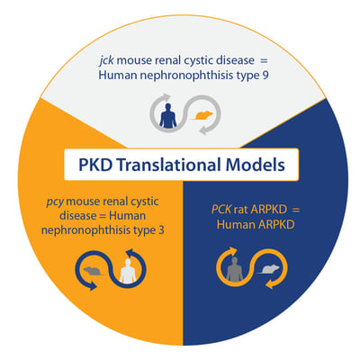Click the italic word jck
pyautogui.click(x=106, y=61)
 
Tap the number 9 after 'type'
pyautogui.click(x=265, y=75)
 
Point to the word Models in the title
pyautogui.click(x=255, y=165)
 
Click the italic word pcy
pyautogui.click(x=55, y=202)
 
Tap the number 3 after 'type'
pyautogui.click(x=161, y=230)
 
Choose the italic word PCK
pyautogui.click(x=221, y=210)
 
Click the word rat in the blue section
pyautogui.click(x=241, y=210)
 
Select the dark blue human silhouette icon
pyautogui.click(x=168, y=115)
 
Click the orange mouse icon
pyautogui.click(x=201, y=115)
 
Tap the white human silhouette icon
pyautogui.click(x=129, y=271)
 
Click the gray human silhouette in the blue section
pyautogui.click(x=235, y=269)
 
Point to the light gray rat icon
pyautogui.click(x=268, y=269)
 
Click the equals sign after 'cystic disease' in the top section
pyautogui.click(x=263, y=61)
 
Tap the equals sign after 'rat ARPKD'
pyautogui.click(x=295, y=210)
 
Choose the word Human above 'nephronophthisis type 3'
pyautogui.click(x=127, y=216)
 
